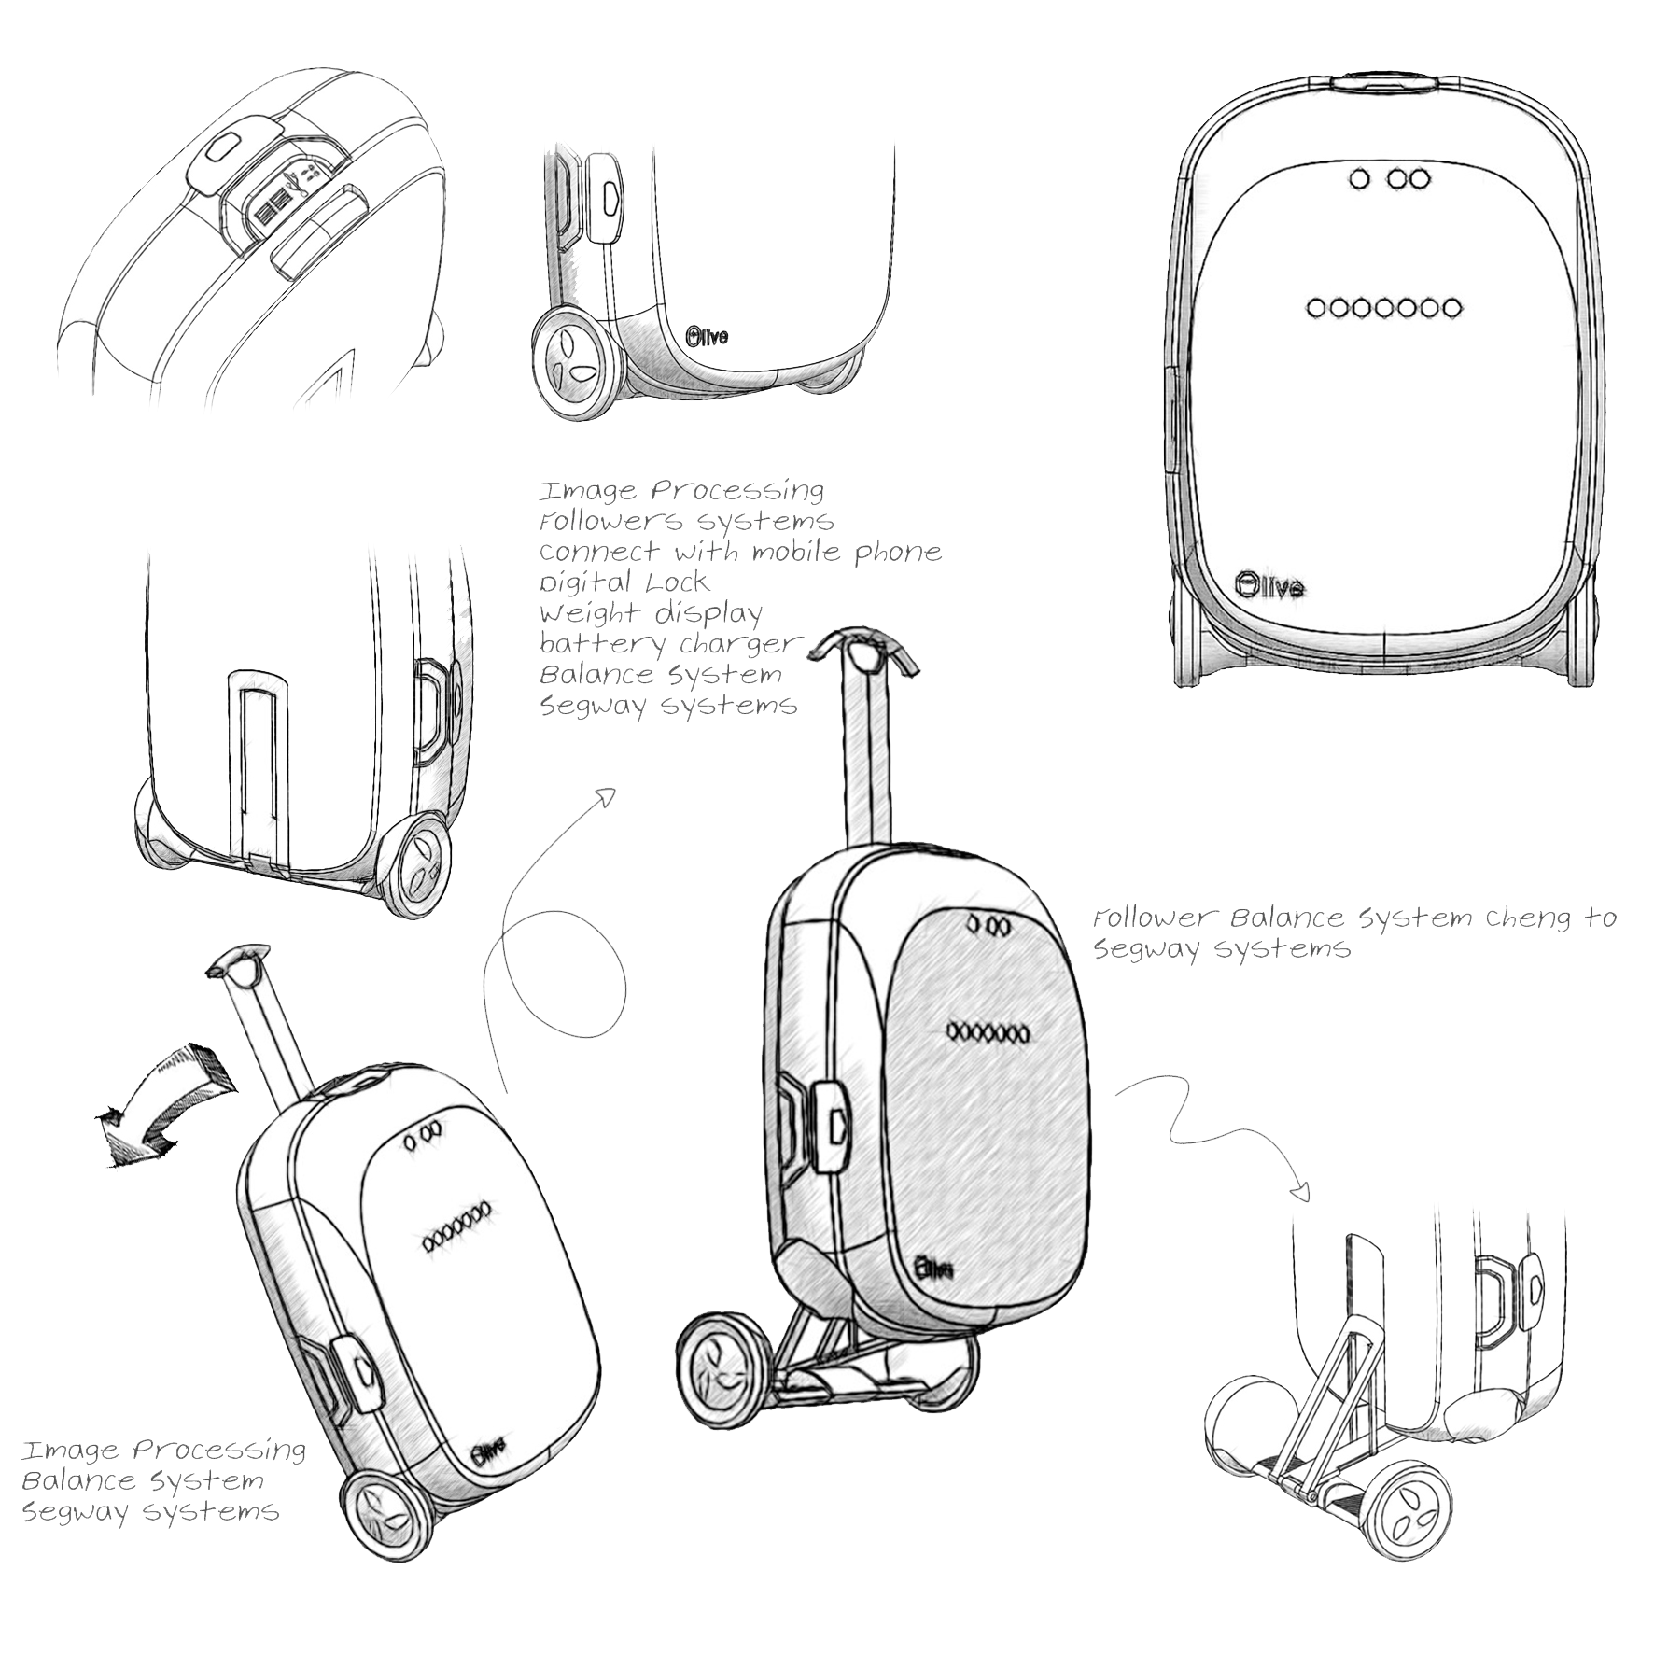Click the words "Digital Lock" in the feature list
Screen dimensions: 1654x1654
tap(624, 582)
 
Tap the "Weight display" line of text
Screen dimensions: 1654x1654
tap(651, 613)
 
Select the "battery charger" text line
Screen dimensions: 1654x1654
tap(670, 644)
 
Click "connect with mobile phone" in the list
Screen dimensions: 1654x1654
tap(740, 552)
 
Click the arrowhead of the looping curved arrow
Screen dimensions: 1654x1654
tap(606, 795)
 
